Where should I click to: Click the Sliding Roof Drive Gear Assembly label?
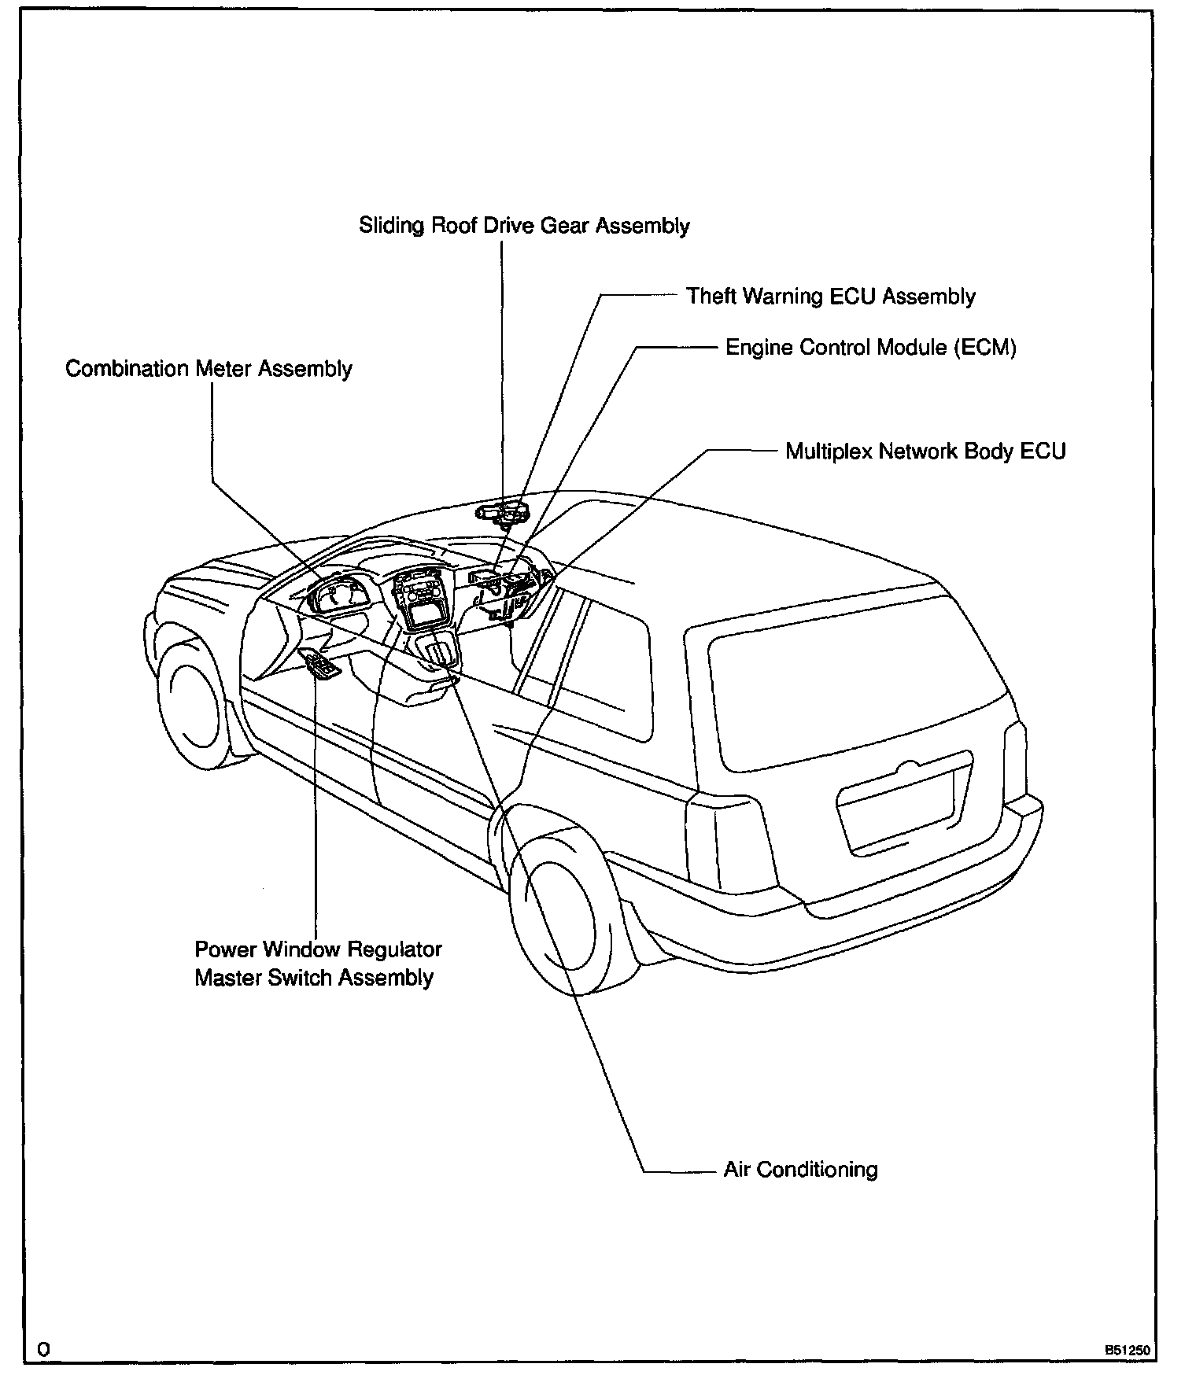(524, 227)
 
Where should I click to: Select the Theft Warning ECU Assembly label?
(830, 297)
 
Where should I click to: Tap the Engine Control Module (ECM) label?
(870, 348)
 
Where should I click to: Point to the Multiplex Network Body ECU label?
(925, 452)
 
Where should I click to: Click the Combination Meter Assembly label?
(209, 369)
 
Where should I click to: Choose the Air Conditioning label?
(800, 1170)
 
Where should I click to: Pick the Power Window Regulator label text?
(318, 949)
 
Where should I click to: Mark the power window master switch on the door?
(320, 666)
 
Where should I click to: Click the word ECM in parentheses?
(984, 348)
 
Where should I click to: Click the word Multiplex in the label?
(829, 452)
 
